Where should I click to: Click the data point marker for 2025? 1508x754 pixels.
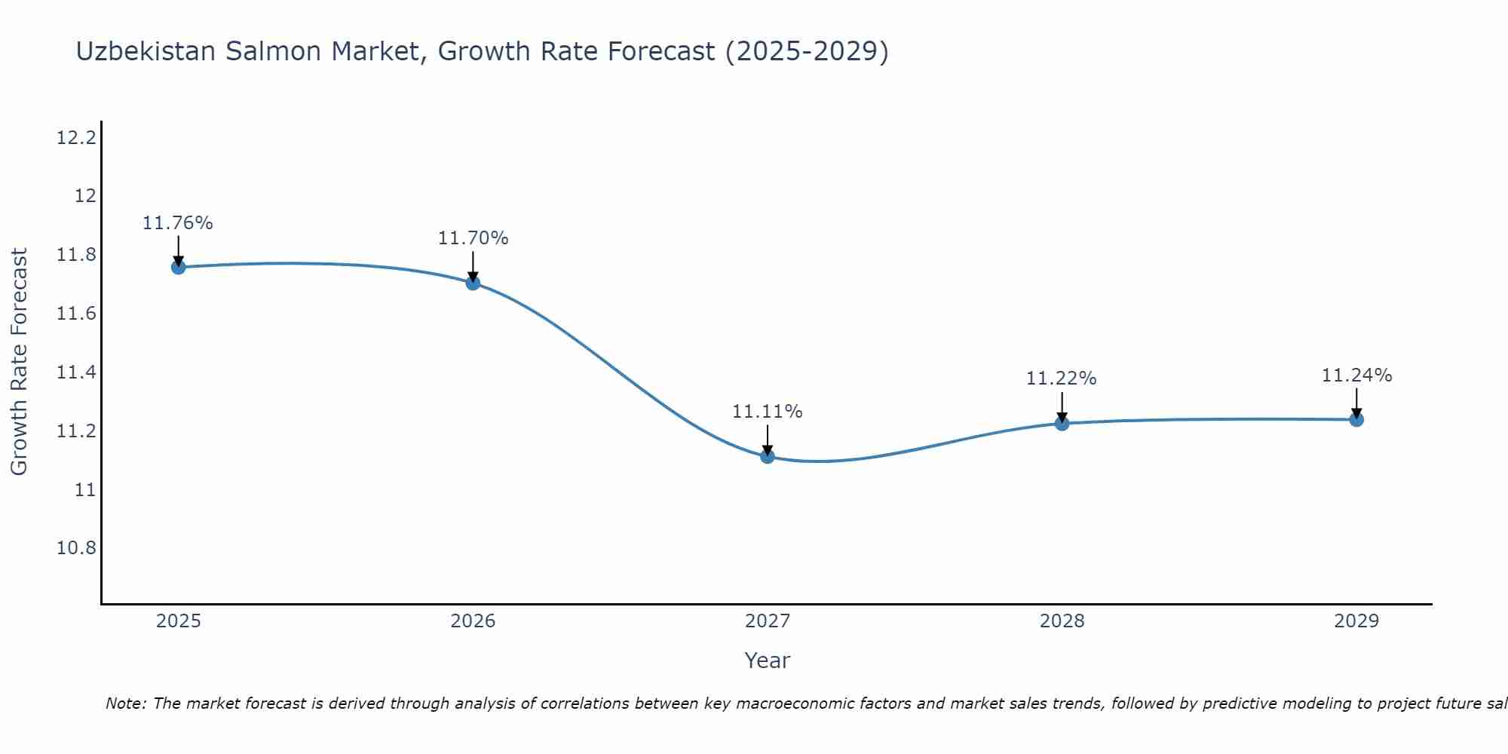178,267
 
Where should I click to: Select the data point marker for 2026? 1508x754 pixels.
473,283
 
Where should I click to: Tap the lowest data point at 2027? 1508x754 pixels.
768,456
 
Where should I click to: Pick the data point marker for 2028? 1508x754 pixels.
1062,423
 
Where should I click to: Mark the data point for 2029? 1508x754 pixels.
1356,419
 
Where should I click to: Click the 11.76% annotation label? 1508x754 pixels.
178,223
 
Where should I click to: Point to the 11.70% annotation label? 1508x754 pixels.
473,238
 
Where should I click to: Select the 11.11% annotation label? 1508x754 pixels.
768,412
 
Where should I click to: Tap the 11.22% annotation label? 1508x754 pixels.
1062,379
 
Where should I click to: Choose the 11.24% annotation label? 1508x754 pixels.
1356,375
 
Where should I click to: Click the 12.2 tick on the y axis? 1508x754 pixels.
76,138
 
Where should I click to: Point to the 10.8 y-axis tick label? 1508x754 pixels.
76,548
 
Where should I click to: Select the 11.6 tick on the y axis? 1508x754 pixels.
76,314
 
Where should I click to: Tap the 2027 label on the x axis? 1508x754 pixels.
768,621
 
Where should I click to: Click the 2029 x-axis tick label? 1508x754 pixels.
1356,621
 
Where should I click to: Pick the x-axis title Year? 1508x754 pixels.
768,661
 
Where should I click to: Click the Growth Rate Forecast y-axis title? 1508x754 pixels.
20,362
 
